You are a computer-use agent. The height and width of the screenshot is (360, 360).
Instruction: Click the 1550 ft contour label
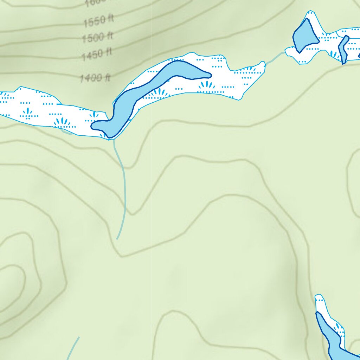point(98,21)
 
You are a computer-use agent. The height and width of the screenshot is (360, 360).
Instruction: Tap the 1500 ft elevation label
point(97,37)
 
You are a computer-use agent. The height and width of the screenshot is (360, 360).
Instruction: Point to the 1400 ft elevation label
point(95,77)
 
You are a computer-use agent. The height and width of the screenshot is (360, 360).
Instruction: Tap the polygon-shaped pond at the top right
point(303,35)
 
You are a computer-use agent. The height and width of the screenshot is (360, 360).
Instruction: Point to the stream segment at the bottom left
point(73,348)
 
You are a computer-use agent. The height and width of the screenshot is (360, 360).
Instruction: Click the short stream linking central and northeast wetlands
point(275,58)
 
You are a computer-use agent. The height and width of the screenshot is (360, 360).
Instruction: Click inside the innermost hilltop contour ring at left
point(11,281)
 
